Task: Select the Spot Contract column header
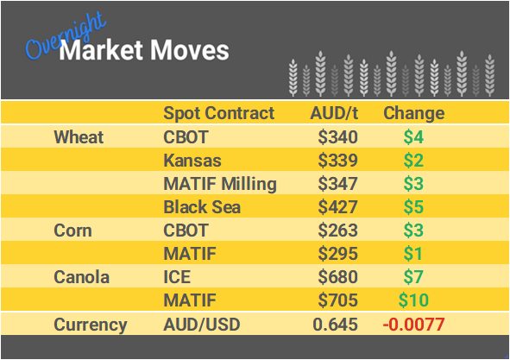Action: [x=218, y=113]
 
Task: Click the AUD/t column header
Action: [x=333, y=113]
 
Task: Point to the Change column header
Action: [x=413, y=113]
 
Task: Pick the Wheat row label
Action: [x=79, y=136]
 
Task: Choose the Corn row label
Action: [x=72, y=231]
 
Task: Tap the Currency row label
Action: [x=91, y=325]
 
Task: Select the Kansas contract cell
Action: [x=192, y=161]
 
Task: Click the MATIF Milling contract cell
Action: [x=220, y=184]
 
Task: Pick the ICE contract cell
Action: [x=176, y=277]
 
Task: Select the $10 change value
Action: [x=413, y=300]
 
